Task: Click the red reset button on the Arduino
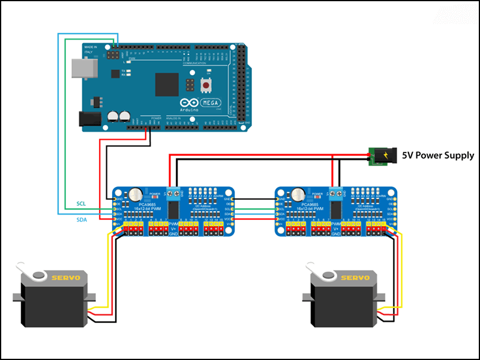[x=206, y=86]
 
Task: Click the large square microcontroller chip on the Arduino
[x=167, y=84]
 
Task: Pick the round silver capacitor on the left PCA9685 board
[x=137, y=194]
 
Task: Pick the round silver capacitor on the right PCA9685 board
[x=299, y=194]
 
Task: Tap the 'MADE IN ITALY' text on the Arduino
[x=91, y=50]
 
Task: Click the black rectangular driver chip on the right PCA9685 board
[x=335, y=210]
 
